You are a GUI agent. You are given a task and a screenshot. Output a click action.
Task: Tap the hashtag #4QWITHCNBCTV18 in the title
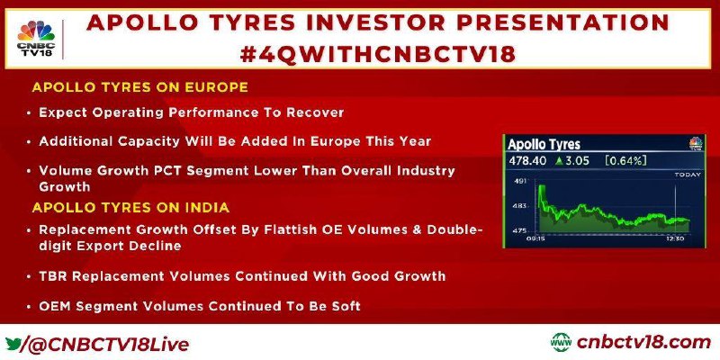(378, 55)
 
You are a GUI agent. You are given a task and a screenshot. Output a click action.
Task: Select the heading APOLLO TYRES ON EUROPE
(140, 87)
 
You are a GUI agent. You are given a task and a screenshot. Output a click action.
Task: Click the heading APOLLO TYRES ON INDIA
(130, 208)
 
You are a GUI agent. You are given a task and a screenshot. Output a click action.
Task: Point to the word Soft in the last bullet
(344, 306)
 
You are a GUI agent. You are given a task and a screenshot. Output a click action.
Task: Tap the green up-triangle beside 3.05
(558, 161)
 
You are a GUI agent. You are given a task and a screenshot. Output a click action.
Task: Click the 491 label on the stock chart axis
(519, 182)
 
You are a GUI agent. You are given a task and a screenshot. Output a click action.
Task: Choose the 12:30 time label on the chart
(676, 238)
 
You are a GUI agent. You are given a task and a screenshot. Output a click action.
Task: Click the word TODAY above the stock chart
(688, 175)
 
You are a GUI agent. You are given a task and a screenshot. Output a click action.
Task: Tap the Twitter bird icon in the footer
(13, 344)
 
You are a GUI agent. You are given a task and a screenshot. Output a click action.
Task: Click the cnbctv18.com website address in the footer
(643, 343)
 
